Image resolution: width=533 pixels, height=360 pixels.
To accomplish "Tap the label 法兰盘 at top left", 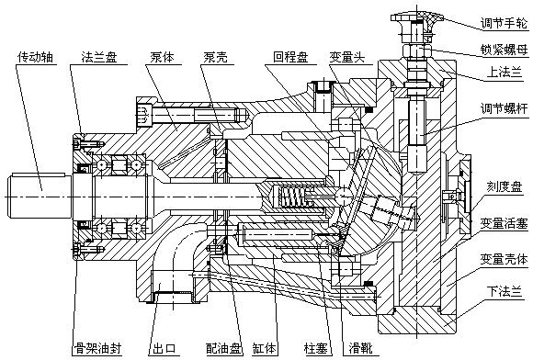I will tap(99, 56).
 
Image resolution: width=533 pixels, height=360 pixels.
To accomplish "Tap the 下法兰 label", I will tap(502, 290).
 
